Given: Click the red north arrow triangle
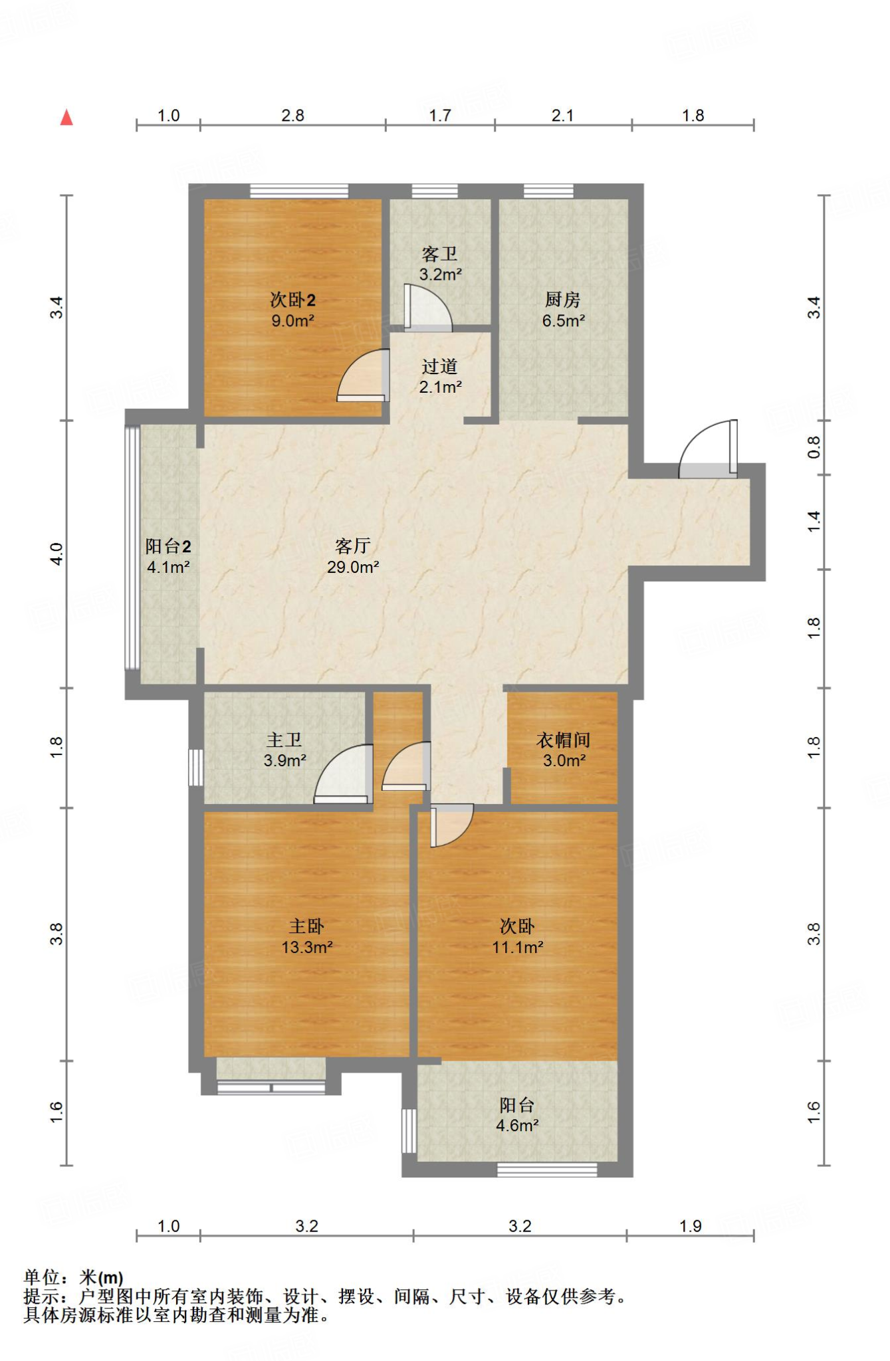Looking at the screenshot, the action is [66, 118].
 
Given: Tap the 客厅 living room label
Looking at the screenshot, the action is [353, 546].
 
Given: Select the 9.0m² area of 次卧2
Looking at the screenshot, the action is [292, 321].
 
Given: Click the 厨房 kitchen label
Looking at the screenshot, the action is [563, 300].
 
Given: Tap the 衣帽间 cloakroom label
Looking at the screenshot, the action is [564, 740].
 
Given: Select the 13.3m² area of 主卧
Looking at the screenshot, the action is [306, 948].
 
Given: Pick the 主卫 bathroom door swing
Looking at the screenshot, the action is [343, 774].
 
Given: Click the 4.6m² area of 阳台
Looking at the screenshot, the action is [517, 1126].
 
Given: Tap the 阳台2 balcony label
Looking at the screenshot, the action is [168, 546].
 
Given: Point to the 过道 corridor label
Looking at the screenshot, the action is [439, 366].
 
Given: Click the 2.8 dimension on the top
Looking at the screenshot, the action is [292, 116].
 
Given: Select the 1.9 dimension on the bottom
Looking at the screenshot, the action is [691, 1226].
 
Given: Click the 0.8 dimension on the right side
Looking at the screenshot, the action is [814, 447].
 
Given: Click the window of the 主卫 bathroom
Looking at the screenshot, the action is [195, 768].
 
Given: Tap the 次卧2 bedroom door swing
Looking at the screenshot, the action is [362, 375].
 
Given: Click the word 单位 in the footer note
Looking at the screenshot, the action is [41, 1277].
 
